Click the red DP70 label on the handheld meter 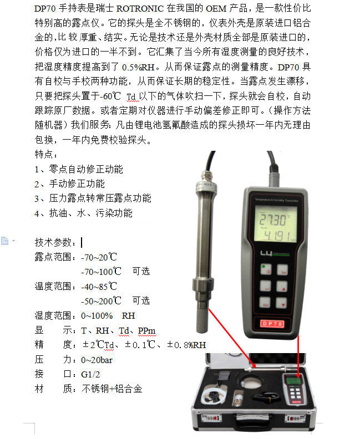point(272,323)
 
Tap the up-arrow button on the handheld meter point(282,287)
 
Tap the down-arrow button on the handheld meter point(281,303)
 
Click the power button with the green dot point(266,269)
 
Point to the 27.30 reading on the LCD point(273,220)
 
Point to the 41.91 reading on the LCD point(276,236)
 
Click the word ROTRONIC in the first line point(140,8)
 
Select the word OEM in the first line point(216,8)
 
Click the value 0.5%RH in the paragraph point(138,67)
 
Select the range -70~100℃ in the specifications point(101,272)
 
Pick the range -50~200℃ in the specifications point(101,301)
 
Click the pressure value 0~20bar point(97,360)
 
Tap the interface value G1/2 point(90,375)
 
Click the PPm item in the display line point(146,331)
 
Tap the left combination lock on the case point(211,418)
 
